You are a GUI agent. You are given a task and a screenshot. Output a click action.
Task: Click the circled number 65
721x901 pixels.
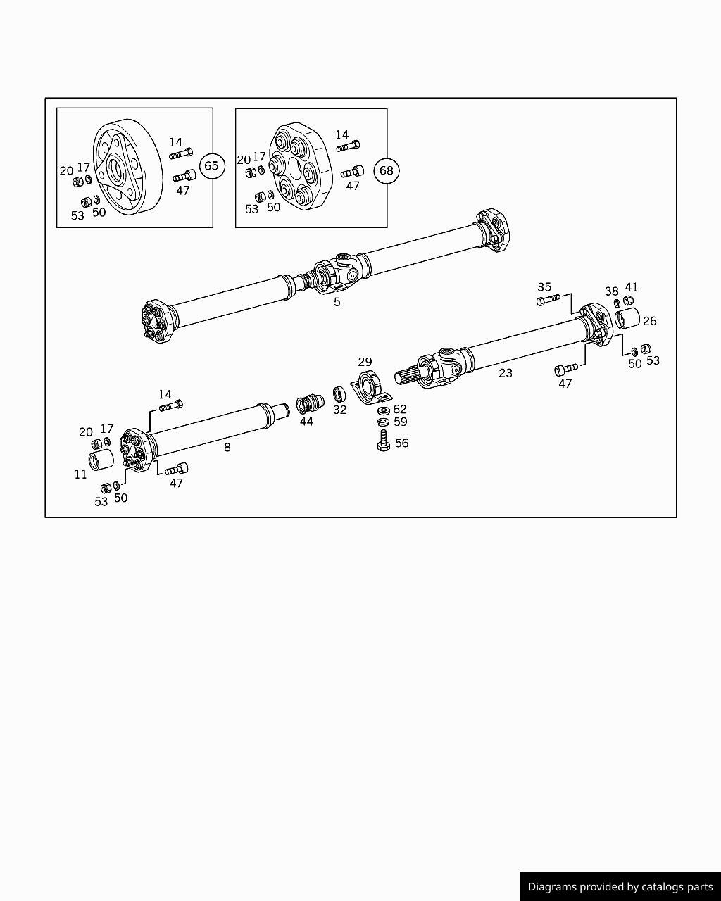click(211, 166)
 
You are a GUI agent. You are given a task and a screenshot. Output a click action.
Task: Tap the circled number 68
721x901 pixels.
click(387, 170)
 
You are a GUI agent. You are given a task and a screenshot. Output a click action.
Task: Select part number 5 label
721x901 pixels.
click(337, 302)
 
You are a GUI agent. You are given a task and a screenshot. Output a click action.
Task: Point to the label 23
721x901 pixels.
click(506, 373)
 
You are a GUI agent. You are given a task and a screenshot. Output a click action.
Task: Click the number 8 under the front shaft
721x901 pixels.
click(227, 447)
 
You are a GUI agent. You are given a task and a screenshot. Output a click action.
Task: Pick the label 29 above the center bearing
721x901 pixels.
click(365, 362)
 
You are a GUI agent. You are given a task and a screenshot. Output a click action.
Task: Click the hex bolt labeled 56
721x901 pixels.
click(384, 441)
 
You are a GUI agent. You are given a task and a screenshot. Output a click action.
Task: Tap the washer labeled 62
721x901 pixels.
click(383, 410)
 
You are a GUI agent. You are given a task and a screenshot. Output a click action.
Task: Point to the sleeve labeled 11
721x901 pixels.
click(101, 462)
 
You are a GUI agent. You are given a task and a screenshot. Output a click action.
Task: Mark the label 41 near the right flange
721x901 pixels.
click(631, 287)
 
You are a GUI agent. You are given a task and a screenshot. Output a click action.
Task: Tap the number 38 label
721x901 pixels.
click(611, 291)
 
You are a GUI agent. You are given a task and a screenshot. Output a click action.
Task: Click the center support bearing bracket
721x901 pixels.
click(370, 388)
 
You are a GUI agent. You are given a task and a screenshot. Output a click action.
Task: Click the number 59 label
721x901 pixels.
click(400, 422)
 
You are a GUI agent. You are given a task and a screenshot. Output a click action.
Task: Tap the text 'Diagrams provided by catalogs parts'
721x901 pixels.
click(620, 887)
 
